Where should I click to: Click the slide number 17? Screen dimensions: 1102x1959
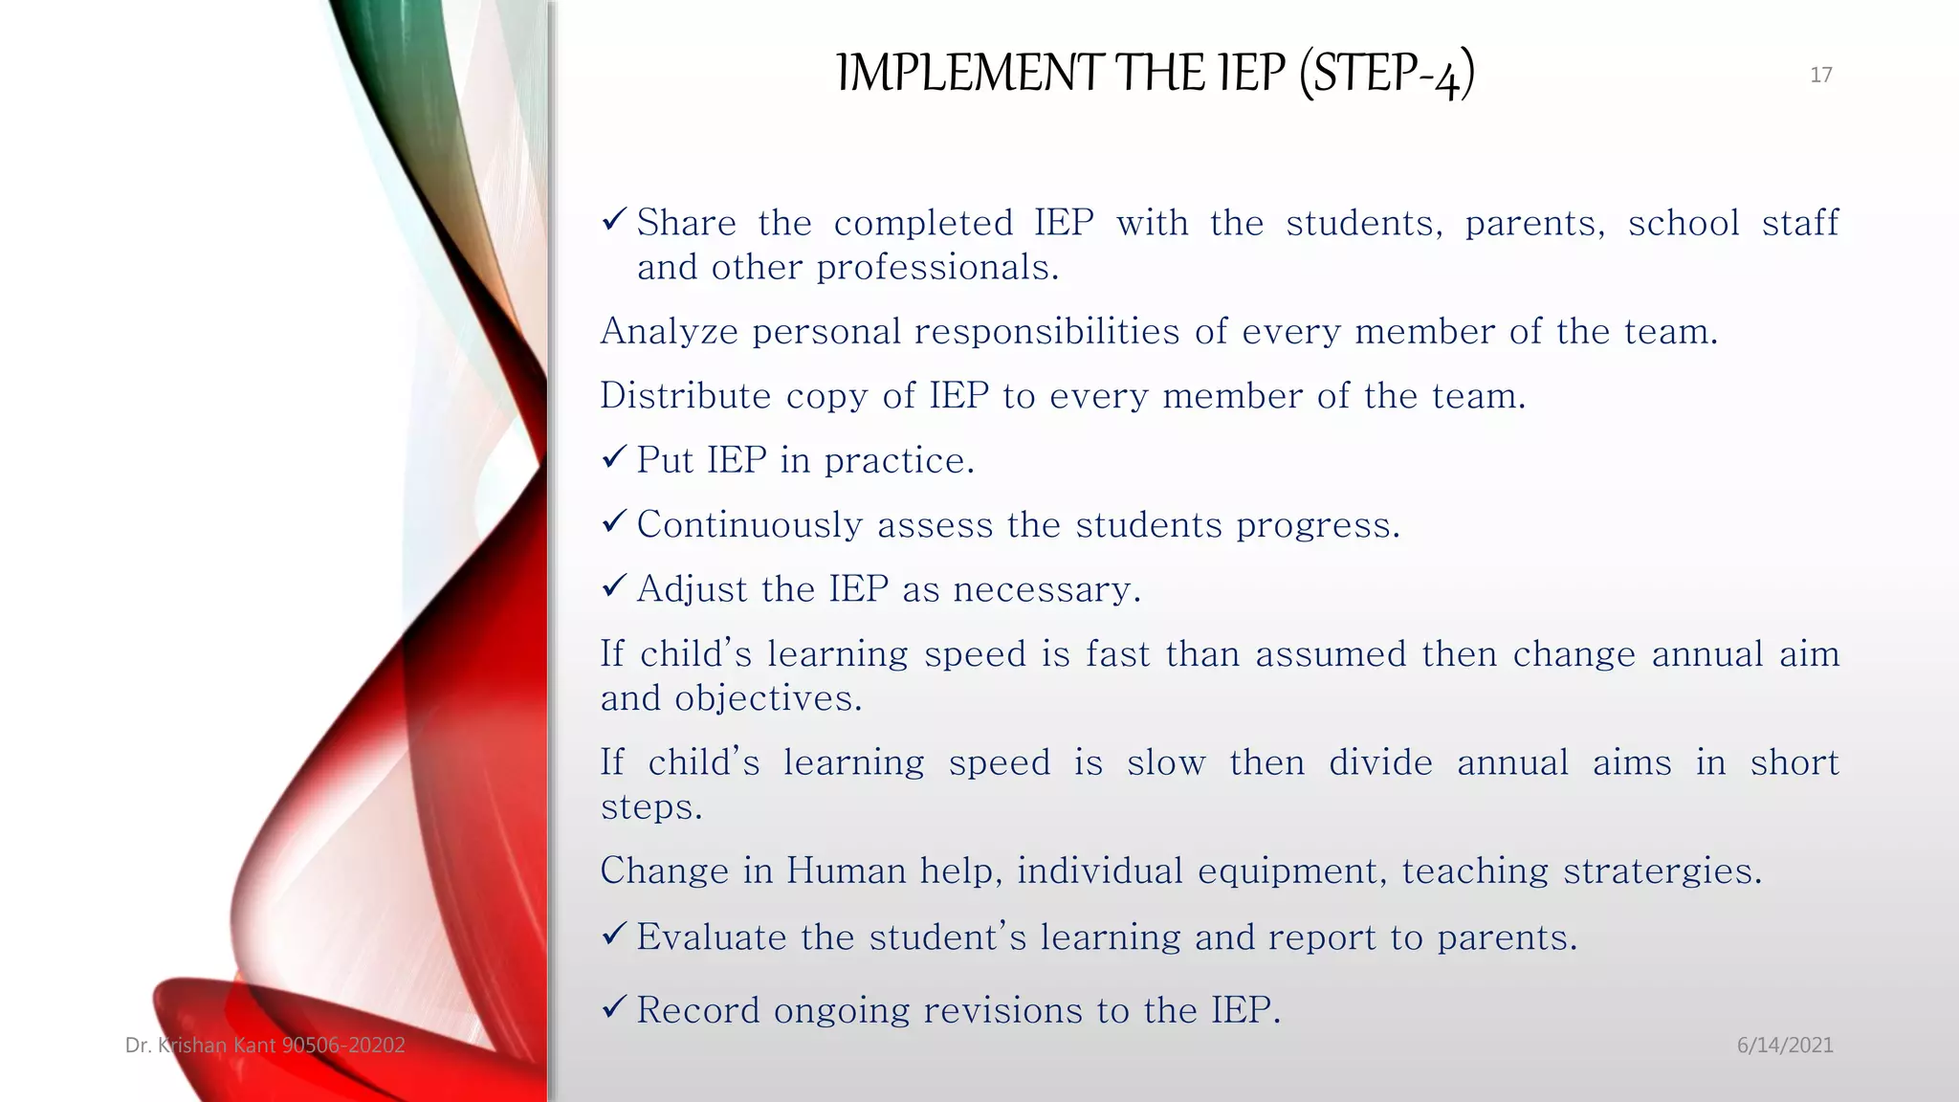pos(1820,75)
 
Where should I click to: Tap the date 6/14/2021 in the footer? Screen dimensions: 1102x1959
pos(1785,1045)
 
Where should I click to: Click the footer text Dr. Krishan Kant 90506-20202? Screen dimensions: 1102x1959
pos(265,1045)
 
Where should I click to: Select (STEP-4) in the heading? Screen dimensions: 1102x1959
pos(1386,73)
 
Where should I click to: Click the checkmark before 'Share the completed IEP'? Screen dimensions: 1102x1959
pos(614,221)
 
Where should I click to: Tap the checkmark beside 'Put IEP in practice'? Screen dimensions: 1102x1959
pos(614,458)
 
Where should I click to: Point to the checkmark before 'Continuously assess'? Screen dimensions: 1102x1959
pos(614,522)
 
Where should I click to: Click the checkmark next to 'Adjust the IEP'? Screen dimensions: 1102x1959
pos(614,586)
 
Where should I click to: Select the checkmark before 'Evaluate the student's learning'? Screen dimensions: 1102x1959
pos(614,934)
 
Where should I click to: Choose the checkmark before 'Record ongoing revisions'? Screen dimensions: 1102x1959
pos(614,1007)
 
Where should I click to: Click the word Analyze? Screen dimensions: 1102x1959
pos(669,332)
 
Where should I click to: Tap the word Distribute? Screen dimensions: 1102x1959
pos(685,396)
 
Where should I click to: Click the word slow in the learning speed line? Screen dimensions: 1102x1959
pos(1165,763)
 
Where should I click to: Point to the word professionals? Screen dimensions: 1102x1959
pos(936,268)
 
